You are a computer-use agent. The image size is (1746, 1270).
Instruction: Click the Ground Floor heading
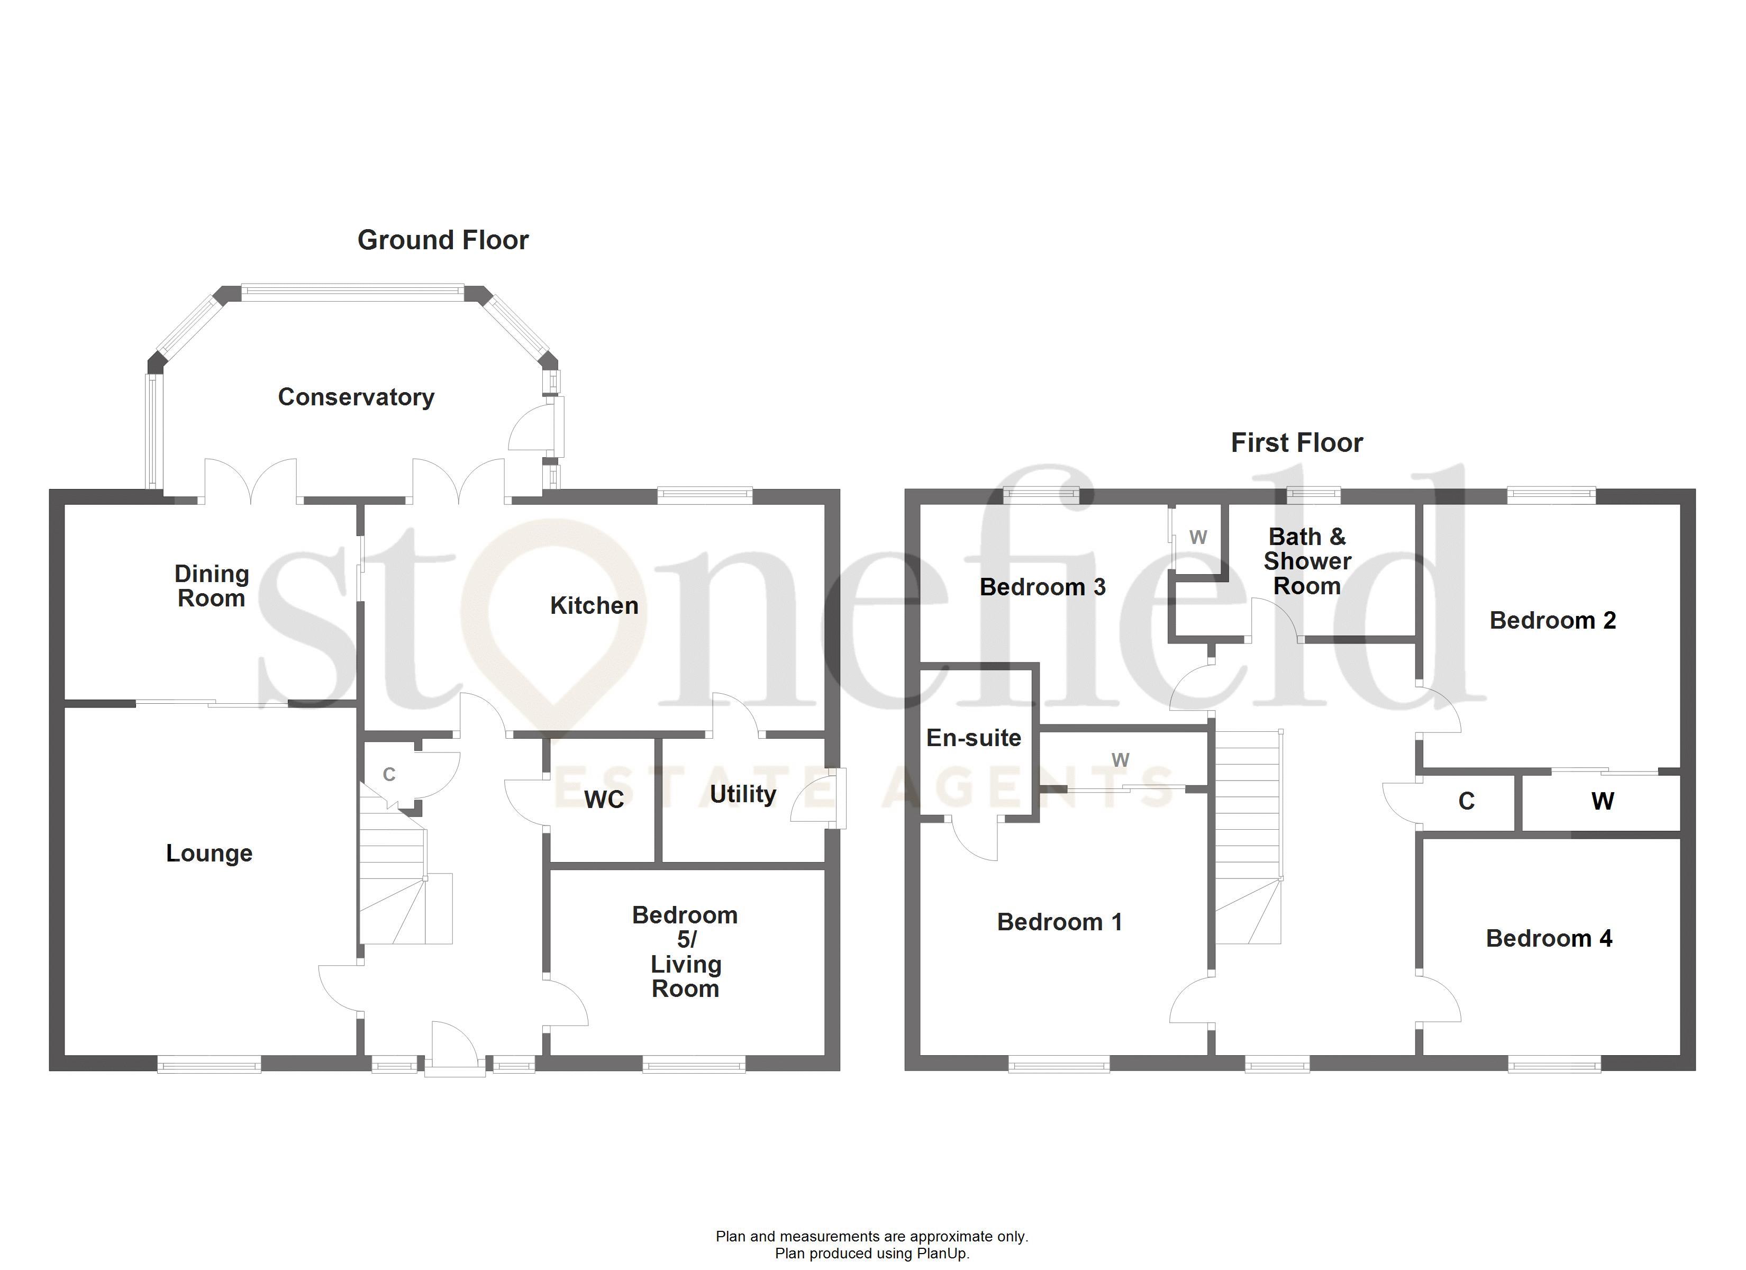coord(443,240)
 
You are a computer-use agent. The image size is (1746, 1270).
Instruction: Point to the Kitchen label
coord(594,606)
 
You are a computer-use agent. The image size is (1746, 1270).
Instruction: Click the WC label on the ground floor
coord(604,800)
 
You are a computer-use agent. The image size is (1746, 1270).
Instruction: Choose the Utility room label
coord(742,794)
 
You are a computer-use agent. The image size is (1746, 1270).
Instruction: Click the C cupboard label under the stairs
coord(389,775)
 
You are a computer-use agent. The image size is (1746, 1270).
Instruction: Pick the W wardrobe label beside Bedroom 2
coord(1602,802)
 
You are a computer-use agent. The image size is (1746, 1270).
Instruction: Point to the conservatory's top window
coord(352,292)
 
